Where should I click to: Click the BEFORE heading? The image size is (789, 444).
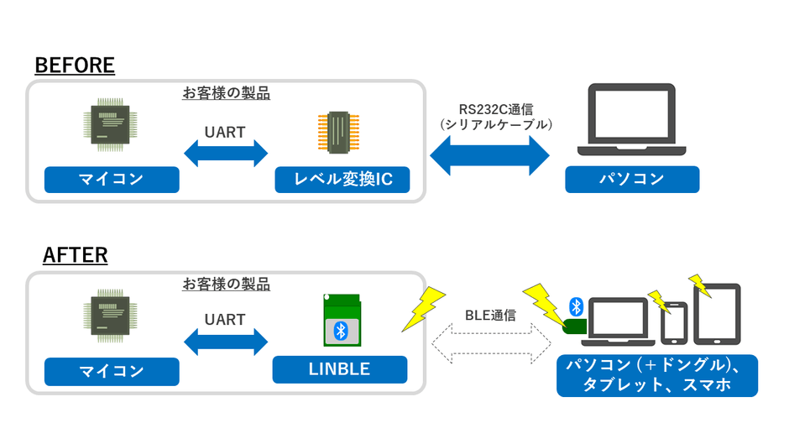(x=75, y=65)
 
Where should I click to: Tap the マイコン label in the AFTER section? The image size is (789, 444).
(x=112, y=370)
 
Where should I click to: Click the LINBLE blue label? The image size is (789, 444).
(x=339, y=369)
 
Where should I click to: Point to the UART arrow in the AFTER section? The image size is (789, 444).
(x=225, y=342)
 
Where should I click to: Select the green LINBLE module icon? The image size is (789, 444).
(x=341, y=321)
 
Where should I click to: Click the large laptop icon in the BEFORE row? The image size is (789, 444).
(x=631, y=119)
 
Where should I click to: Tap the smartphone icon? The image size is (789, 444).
(x=675, y=323)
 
